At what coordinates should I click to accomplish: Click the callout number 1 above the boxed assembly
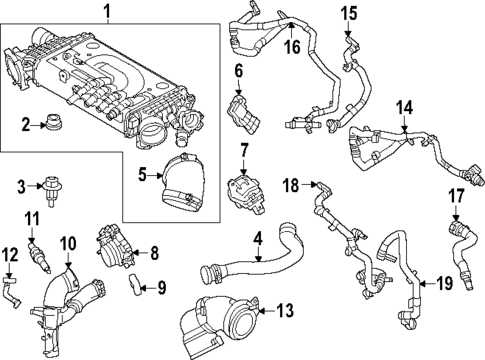109,13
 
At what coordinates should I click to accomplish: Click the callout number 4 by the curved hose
257,239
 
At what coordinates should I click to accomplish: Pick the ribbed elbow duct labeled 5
186,183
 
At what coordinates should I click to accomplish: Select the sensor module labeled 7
245,190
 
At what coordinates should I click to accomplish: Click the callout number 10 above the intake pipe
68,243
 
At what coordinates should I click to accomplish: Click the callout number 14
403,107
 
